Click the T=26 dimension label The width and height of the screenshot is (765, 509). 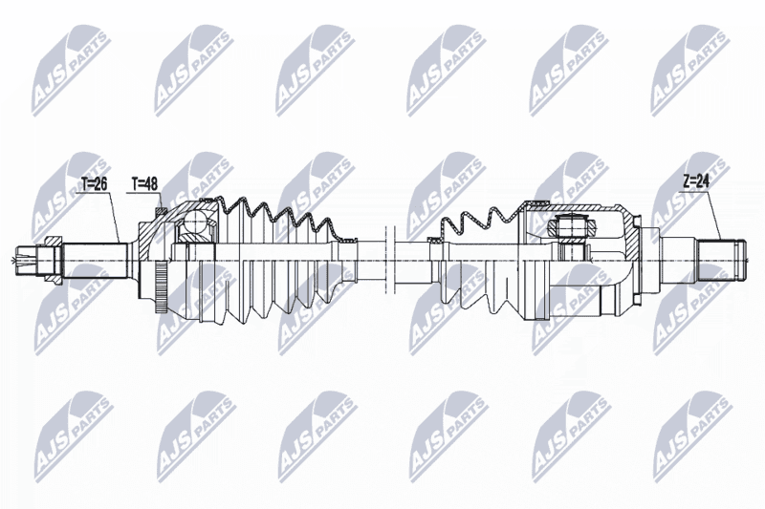pos(94,183)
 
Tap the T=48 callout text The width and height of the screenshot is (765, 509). pos(144,183)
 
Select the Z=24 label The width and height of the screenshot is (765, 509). pos(696,181)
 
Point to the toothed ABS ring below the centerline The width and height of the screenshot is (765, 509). pos(161,286)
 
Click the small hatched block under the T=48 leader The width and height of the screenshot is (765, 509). pos(161,211)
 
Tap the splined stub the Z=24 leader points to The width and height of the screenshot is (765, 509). pos(721,261)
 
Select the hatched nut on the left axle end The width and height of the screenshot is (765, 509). pos(54,261)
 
